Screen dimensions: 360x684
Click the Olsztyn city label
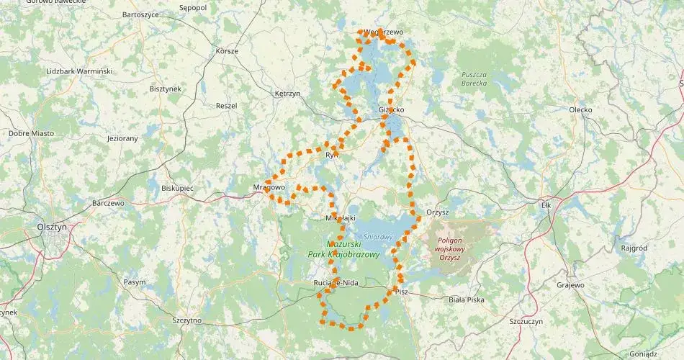(51, 226)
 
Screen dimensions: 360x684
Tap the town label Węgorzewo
(383, 32)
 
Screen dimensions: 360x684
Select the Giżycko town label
(391, 110)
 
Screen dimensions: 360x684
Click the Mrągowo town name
(270, 187)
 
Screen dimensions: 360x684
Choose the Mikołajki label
(341, 217)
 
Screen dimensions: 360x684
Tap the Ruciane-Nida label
(336, 283)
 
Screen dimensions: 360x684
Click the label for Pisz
(401, 292)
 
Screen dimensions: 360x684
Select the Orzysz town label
(437, 212)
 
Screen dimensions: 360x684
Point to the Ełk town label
(545, 205)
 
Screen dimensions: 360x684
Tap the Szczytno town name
(187, 320)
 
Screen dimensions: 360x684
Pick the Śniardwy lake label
(377, 236)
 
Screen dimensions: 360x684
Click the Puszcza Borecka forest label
(474, 78)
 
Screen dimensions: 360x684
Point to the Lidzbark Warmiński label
(79, 71)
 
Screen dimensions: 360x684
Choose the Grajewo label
(570, 285)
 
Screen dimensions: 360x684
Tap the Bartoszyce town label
(140, 14)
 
